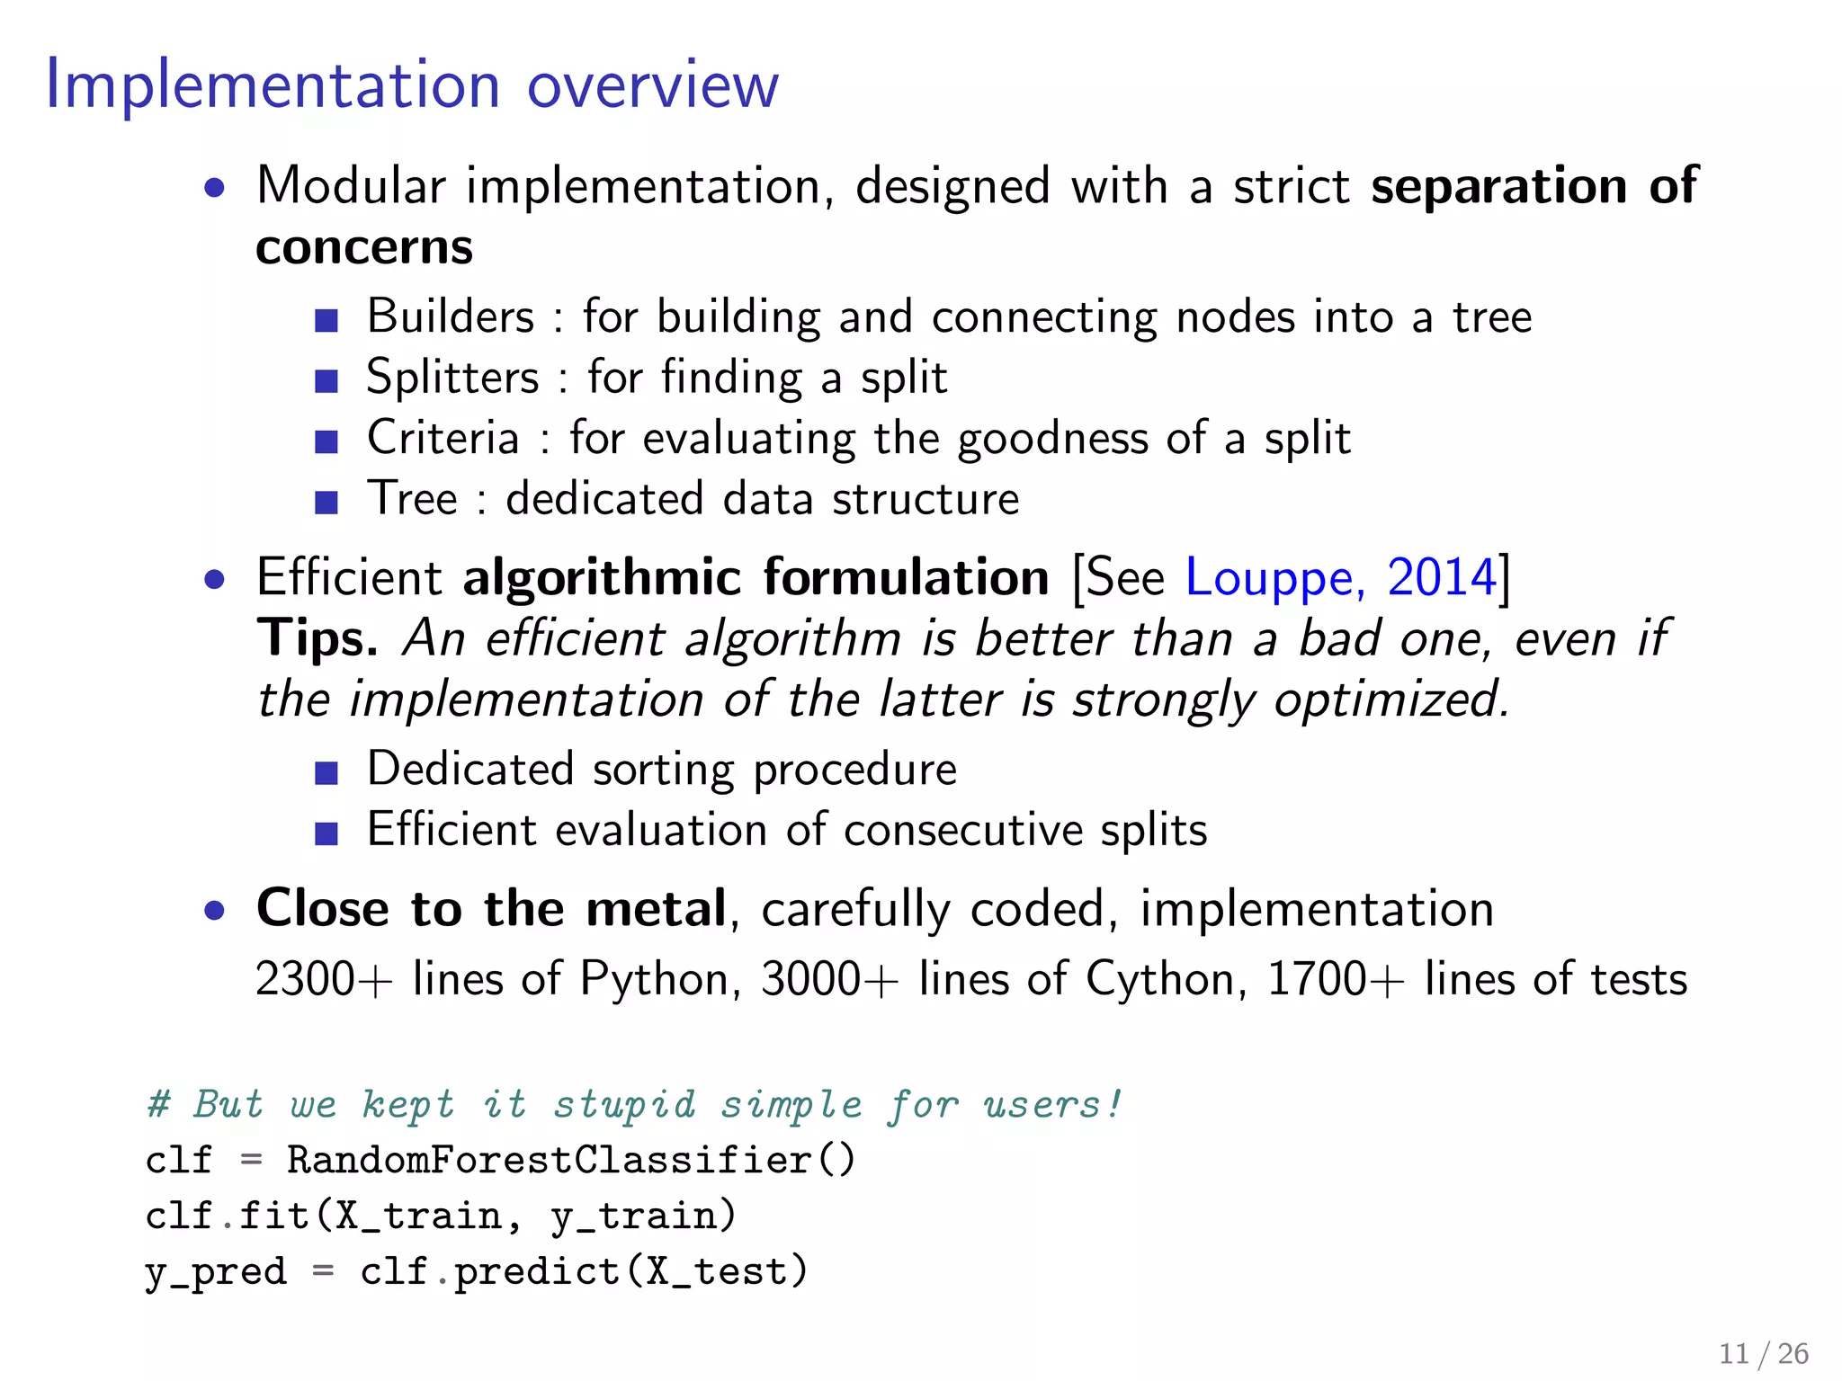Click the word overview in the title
tap(652, 86)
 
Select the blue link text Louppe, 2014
tap(1340, 577)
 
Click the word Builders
tap(450, 316)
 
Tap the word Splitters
tap(452, 378)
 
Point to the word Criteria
tap(443, 438)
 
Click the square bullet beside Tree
tap(326, 502)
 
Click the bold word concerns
tap(363, 247)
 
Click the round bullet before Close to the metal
tap(214, 912)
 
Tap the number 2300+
tap(324, 979)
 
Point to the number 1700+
tap(1336, 979)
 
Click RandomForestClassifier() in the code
tap(570, 1160)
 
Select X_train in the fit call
tap(418, 1216)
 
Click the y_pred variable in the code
tap(216, 1272)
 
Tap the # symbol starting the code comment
tap(158, 1104)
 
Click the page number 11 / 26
tap(1763, 1353)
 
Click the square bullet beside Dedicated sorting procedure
tap(326, 772)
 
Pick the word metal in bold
tap(656, 908)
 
